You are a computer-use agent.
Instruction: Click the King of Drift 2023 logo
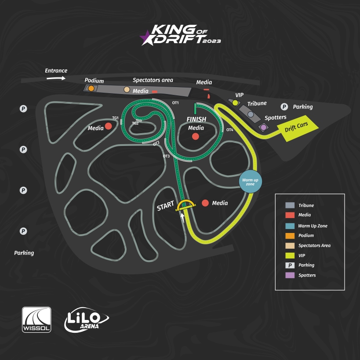click(180, 35)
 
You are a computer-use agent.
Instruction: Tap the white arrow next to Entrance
click(56, 78)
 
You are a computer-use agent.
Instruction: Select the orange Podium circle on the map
click(91, 88)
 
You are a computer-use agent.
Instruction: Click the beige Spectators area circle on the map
click(127, 90)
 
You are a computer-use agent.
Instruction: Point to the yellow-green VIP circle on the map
click(235, 103)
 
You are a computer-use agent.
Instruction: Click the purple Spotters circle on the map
click(263, 127)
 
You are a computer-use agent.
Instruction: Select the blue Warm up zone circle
click(250, 181)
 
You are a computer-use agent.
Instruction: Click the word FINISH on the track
click(196, 120)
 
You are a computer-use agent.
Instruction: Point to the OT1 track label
click(175, 103)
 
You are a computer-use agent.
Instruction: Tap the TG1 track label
click(116, 118)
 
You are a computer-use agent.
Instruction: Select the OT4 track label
click(230, 130)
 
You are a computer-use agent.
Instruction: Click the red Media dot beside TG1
click(108, 127)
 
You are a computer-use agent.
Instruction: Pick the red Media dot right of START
click(205, 203)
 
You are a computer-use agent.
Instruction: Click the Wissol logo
click(36, 320)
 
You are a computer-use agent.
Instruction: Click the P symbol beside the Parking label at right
click(284, 106)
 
